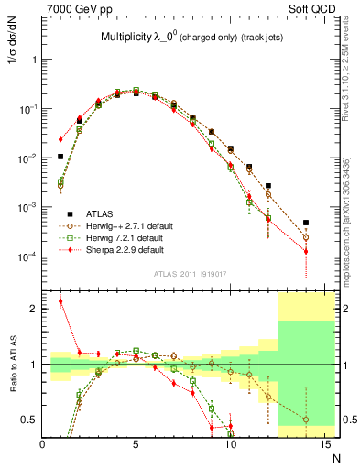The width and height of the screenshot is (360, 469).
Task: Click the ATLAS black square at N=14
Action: pyautogui.click(x=306, y=223)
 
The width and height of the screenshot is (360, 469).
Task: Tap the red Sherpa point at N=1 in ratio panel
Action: pyautogui.click(x=60, y=301)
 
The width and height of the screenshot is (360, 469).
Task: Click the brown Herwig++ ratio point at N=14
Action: pyautogui.click(x=306, y=420)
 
